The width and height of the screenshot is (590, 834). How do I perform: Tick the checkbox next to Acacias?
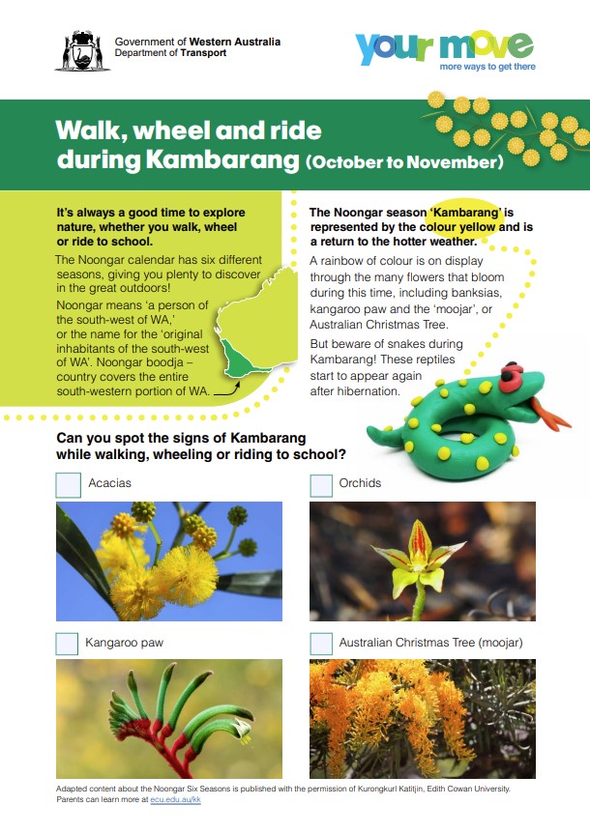[68, 484]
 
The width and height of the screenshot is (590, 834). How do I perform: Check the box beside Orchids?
[321, 484]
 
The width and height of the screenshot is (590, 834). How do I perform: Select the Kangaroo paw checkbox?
[68, 643]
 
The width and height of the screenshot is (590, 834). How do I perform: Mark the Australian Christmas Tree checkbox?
[321, 643]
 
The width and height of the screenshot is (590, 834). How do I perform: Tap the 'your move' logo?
[444, 45]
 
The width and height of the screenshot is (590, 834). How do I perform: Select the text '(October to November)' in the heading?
[404, 162]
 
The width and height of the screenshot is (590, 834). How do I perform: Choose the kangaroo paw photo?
[169, 719]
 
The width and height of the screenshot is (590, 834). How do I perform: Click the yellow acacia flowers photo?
[169, 561]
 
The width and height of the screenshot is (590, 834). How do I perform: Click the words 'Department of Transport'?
[170, 54]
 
